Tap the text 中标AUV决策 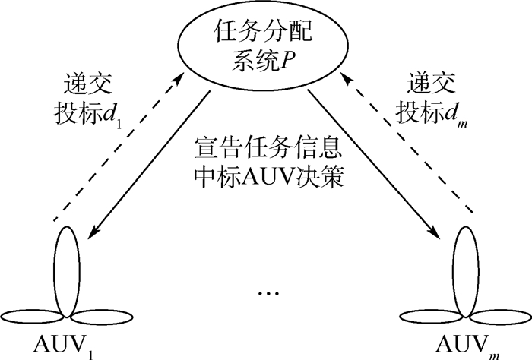point(265,180)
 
